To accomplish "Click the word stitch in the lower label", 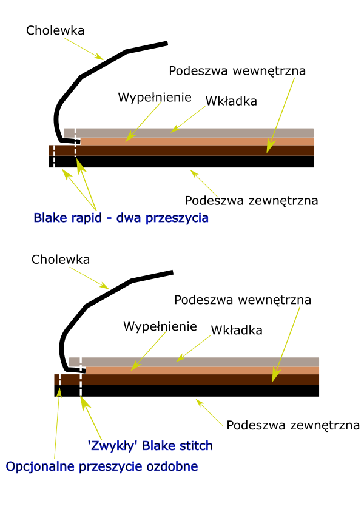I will pyautogui.click(x=194, y=446).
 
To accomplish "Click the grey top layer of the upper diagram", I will pyautogui.click(x=194, y=132).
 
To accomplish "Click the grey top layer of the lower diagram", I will pyautogui.click(x=200, y=362).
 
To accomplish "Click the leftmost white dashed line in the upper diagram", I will pyautogui.click(x=54, y=157).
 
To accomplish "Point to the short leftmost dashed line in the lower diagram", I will pyautogui.click(x=59, y=380).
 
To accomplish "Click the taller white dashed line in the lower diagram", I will pyautogui.click(x=81, y=376).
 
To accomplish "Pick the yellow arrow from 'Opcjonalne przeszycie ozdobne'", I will pyautogui.click(x=57, y=425).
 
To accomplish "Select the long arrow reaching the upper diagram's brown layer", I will pyautogui.click(x=280, y=115).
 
